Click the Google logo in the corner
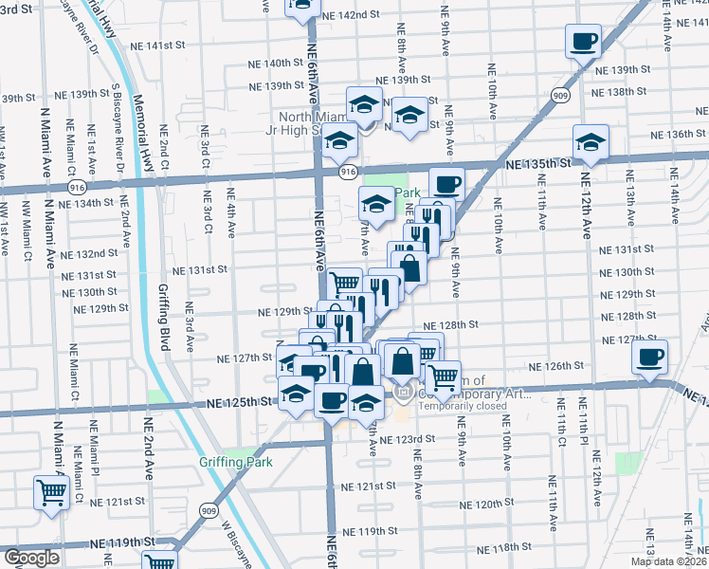coord(31,559)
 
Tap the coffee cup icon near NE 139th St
coord(583,41)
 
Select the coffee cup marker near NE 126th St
coord(650,357)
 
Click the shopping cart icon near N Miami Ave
coord(50,492)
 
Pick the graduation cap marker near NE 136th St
coord(591,142)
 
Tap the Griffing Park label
coord(235,462)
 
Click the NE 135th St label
coord(539,163)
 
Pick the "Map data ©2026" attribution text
coord(669,561)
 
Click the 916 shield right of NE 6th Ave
coord(348,172)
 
